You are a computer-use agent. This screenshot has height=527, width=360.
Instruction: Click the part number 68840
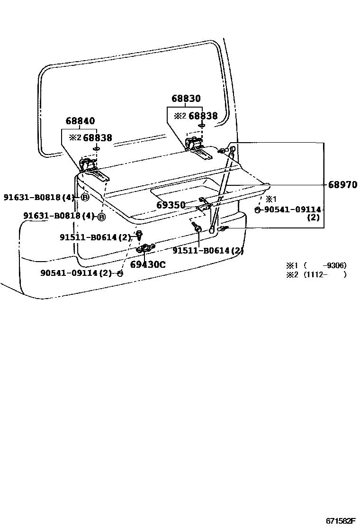point(80,121)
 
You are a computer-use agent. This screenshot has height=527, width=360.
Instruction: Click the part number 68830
point(186,99)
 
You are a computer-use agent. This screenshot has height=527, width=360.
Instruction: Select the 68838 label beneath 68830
point(203,116)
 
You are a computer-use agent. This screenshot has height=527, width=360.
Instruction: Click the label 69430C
point(148,264)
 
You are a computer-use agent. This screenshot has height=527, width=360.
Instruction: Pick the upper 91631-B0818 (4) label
point(39,197)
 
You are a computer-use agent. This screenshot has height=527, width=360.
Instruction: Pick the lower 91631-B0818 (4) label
point(59,216)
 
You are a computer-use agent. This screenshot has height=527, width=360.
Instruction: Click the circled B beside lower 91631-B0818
point(101,217)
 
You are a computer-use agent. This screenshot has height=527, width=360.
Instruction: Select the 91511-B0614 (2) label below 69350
point(208,251)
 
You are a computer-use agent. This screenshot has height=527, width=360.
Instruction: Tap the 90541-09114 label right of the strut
point(292,209)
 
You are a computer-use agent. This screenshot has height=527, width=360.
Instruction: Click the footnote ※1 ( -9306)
point(315,265)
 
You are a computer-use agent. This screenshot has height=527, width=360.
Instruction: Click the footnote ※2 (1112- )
point(315,274)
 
